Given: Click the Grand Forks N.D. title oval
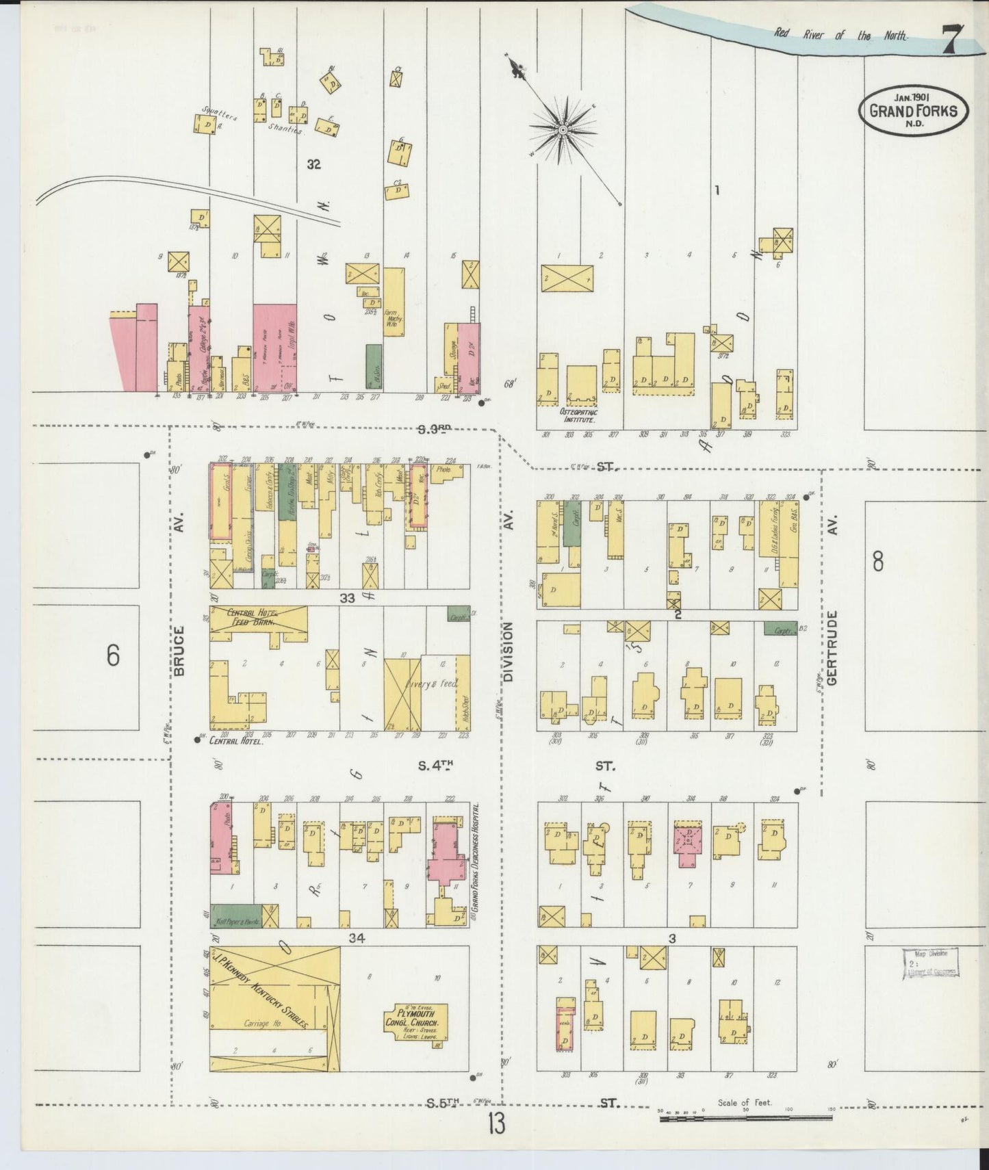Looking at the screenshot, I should click(913, 110).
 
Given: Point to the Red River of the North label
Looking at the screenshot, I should click(840, 34).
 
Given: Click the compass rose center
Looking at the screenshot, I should click(563, 129).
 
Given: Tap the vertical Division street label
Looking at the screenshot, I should click(508, 651).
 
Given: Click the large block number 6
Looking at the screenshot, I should click(113, 655).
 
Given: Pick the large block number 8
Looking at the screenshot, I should click(877, 562).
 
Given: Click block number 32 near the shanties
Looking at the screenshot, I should click(314, 164).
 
